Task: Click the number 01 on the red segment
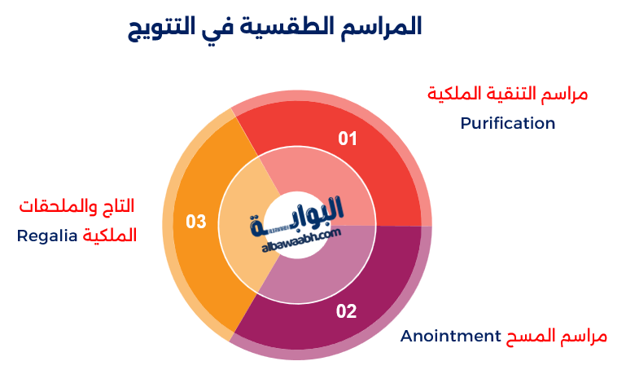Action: point(348,139)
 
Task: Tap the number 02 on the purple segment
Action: point(346,311)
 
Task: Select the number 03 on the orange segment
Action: point(196,221)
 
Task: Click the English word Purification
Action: point(507,123)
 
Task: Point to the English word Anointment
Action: point(449,336)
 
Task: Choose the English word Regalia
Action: point(48,236)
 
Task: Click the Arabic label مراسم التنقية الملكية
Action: point(507,94)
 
